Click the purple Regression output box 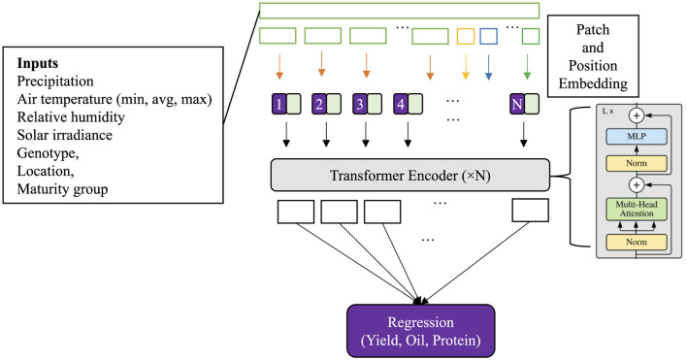(420, 331)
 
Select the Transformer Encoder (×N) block (410, 176)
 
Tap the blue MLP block (637, 136)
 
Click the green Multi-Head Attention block (637, 209)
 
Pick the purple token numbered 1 (279, 104)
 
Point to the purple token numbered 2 (319, 104)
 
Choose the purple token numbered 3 (360, 104)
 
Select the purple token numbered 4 (401, 104)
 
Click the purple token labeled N (517, 104)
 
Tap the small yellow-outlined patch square (466, 36)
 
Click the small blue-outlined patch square (488, 36)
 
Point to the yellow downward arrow (466, 67)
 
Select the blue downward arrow (488, 67)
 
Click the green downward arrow (527, 67)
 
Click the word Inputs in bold (38, 63)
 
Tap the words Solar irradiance (64, 135)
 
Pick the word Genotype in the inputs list (47, 153)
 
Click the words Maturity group (62, 189)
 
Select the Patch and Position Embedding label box (593, 56)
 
